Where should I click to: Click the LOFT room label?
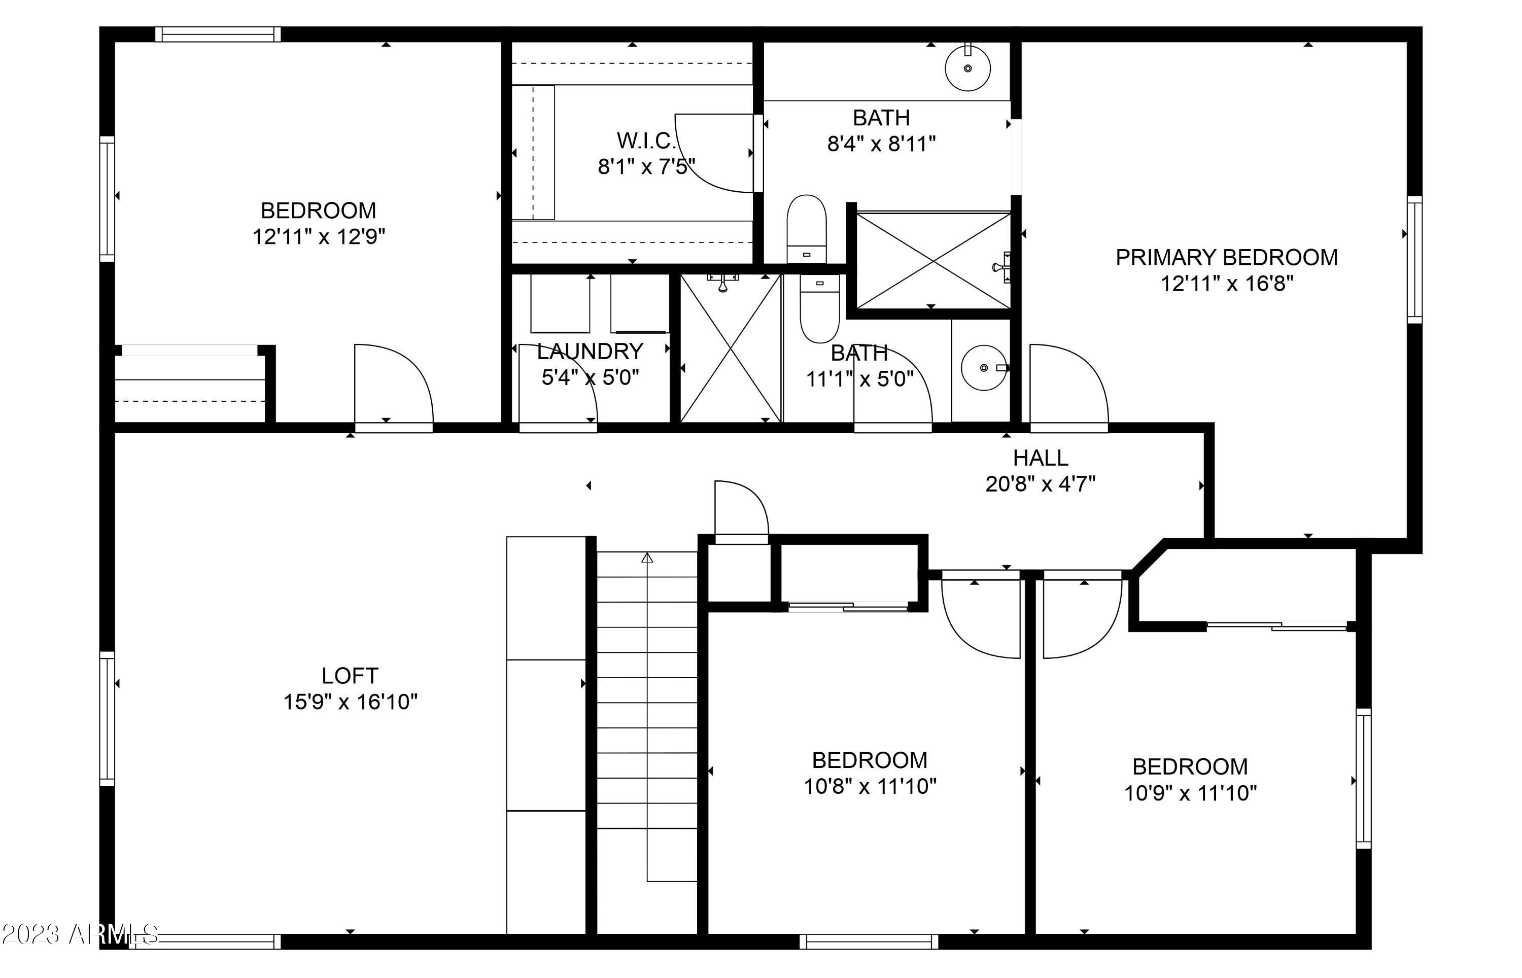click(x=350, y=675)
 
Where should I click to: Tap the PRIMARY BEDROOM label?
click(x=1226, y=257)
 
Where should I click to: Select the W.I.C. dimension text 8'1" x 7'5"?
click(x=646, y=167)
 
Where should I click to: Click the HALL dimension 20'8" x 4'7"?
click(x=1040, y=484)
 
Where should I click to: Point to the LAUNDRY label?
click(x=590, y=351)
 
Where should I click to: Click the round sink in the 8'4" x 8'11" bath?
click(x=967, y=68)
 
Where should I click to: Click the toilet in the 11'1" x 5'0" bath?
click(x=819, y=308)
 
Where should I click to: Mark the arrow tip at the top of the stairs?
click(x=647, y=557)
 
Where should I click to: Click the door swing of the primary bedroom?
click(x=1067, y=384)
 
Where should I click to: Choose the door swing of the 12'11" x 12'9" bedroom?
click(x=392, y=384)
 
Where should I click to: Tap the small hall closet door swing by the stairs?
click(x=740, y=508)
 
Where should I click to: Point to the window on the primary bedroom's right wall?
click(x=1414, y=260)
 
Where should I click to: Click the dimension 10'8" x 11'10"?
click(x=870, y=787)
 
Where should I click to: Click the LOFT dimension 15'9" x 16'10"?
click(x=350, y=702)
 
